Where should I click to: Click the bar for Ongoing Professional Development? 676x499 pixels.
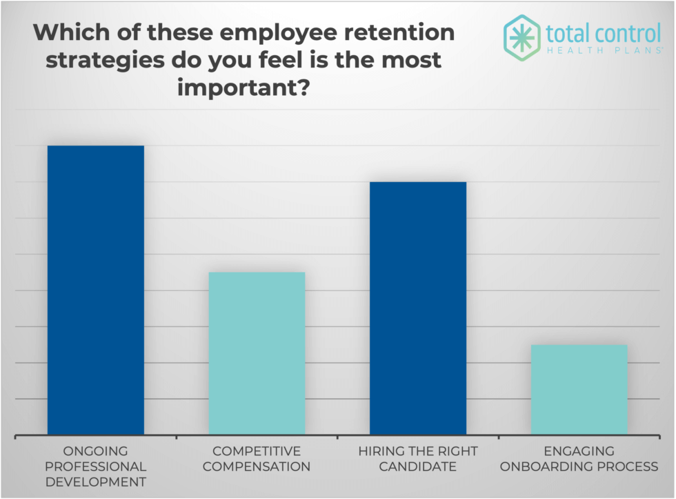(x=95, y=289)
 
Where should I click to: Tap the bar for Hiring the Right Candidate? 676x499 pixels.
(x=418, y=307)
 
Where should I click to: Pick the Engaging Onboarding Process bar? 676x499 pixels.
(x=579, y=389)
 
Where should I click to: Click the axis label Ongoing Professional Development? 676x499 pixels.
(x=95, y=467)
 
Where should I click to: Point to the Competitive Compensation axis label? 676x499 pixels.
(x=257, y=459)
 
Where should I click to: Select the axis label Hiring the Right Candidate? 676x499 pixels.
(x=418, y=459)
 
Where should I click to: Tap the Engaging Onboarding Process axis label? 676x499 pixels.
(x=579, y=459)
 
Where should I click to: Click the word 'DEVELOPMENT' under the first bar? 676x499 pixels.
(x=95, y=482)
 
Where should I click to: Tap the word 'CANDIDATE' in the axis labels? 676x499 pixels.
(x=418, y=467)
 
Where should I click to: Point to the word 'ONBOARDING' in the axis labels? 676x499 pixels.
(x=546, y=467)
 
